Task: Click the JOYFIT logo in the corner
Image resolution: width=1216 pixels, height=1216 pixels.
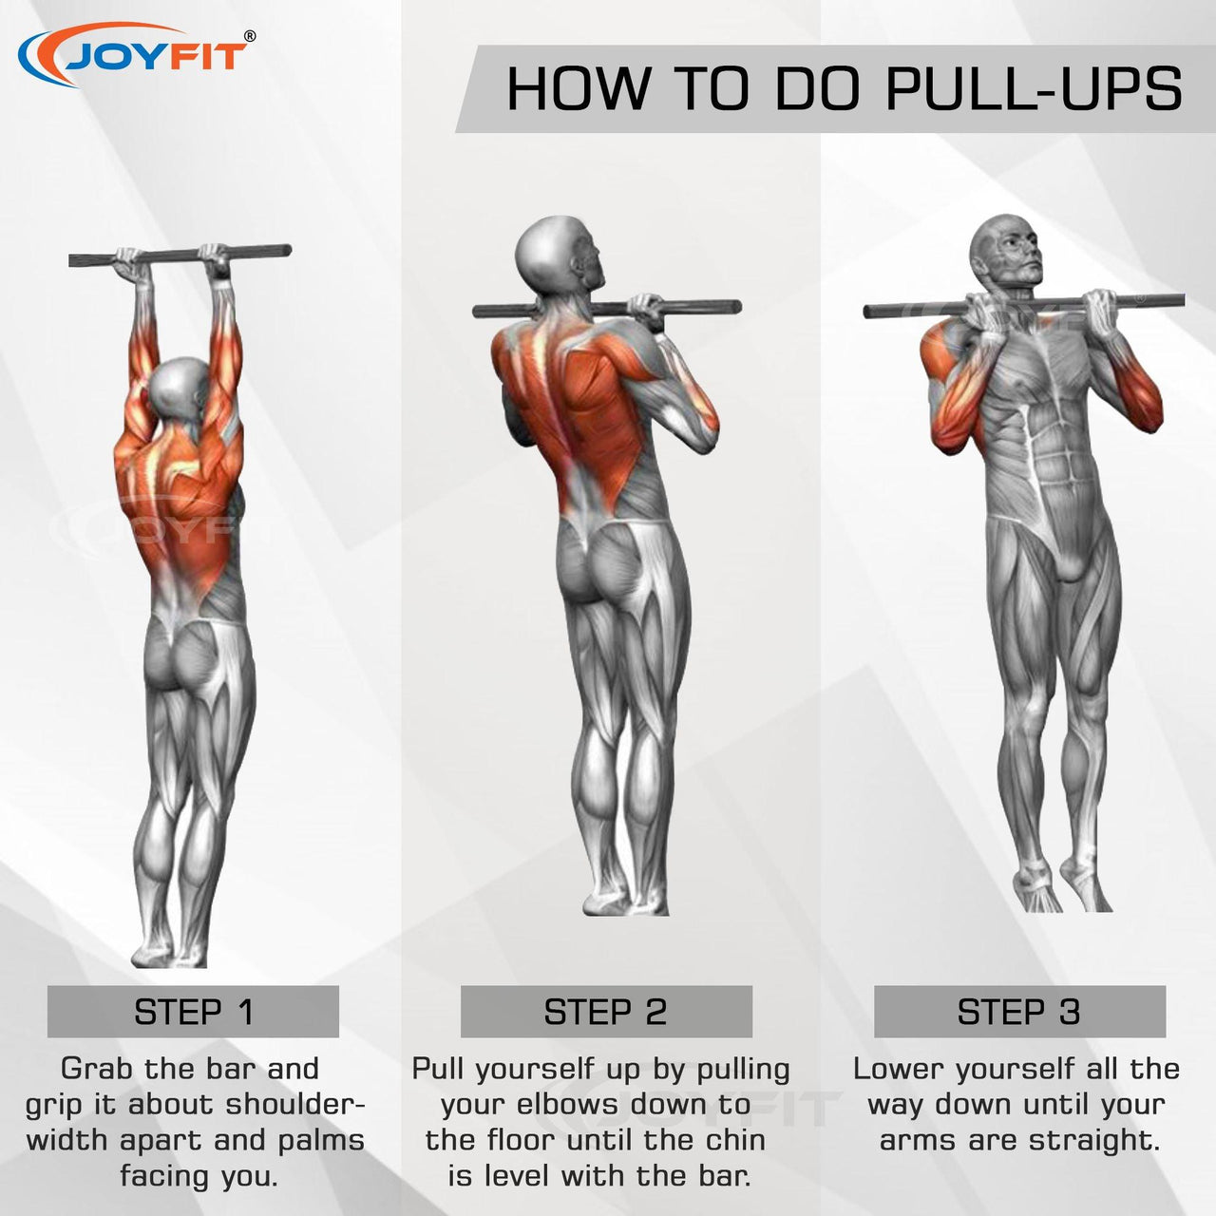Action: pyautogui.click(x=137, y=54)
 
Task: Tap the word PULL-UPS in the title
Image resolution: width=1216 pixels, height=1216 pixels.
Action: pyautogui.click(x=1035, y=89)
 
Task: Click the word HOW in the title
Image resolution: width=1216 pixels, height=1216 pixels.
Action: pyautogui.click(x=578, y=89)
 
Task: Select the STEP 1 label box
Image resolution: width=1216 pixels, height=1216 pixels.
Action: pyautogui.click(x=193, y=1012)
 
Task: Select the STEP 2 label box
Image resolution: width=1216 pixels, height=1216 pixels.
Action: pyautogui.click(x=606, y=1012)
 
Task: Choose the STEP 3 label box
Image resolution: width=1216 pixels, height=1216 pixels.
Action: pyautogui.click(x=1019, y=1012)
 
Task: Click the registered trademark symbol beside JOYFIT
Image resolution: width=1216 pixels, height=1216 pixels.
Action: pyautogui.click(x=250, y=36)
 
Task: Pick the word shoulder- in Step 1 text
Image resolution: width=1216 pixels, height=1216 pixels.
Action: pyautogui.click(x=296, y=1105)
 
